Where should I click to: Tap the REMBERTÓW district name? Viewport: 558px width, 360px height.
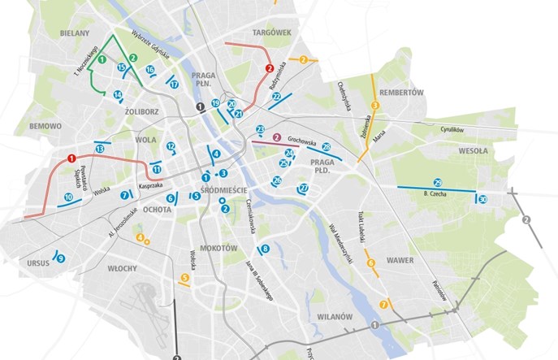[x=402, y=93]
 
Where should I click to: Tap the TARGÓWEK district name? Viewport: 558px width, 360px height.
[x=271, y=33]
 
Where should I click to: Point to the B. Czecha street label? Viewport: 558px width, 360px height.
[x=437, y=195]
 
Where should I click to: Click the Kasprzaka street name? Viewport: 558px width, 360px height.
[x=152, y=186]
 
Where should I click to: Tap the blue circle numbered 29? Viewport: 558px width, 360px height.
[x=438, y=182]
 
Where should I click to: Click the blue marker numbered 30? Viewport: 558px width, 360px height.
[x=482, y=199]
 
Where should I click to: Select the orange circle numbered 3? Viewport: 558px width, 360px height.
[x=375, y=106]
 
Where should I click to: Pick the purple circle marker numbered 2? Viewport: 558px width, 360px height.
[x=277, y=137]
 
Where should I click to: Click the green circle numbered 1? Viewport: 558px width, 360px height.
[x=102, y=59]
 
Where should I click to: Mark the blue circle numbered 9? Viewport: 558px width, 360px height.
[x=60, y=258]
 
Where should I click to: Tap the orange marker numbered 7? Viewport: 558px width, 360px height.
[x=383, y=305]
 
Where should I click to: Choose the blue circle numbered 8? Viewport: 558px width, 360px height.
[x=264, y=249]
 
